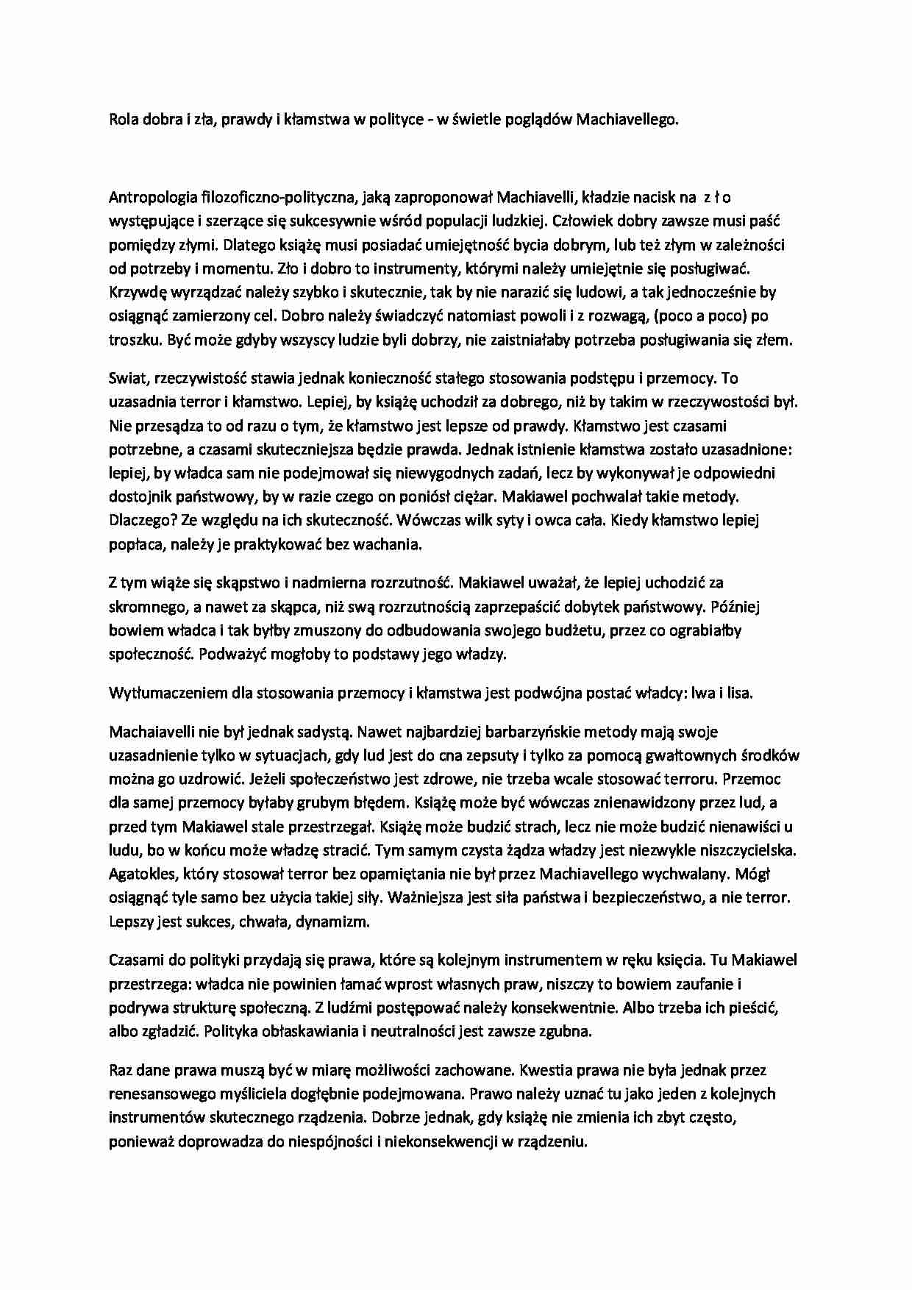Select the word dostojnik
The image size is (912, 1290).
[x=140, y=496]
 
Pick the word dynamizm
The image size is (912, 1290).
[x=335, y=921]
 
